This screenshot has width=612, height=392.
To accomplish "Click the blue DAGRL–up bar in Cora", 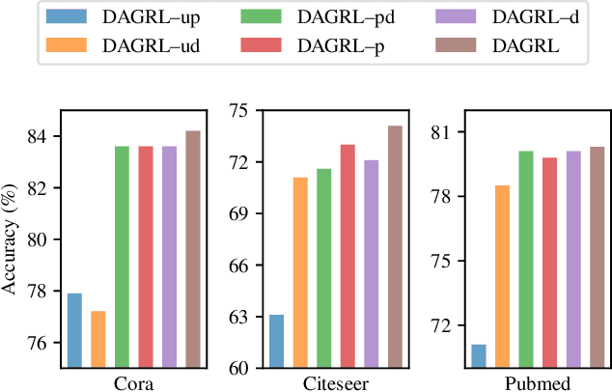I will [x=75, y=330].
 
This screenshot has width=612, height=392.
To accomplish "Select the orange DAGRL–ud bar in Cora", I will [x=98, y=339].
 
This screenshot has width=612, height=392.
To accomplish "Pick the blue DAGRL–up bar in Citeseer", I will [x=276, y=341].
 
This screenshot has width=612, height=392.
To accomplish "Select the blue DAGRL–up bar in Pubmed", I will [x=478, y=355].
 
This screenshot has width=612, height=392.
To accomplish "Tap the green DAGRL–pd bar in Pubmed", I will [x=525, y=259].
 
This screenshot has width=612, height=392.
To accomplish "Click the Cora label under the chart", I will [x=134, y=383].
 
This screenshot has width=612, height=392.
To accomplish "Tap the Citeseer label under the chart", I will [x=335, y=383].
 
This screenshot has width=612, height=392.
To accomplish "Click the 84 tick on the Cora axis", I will [x=42, y=136].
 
